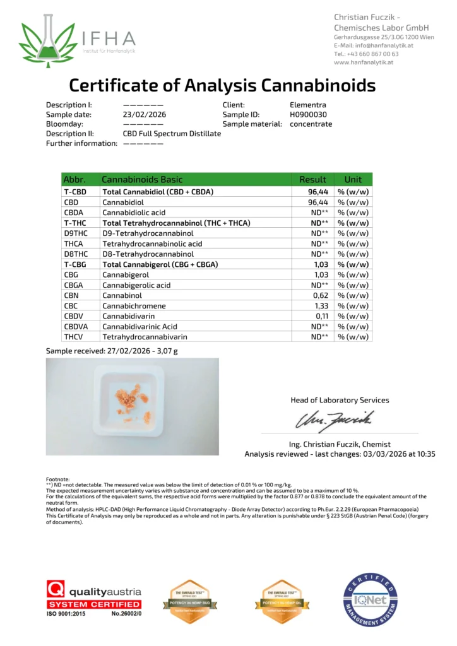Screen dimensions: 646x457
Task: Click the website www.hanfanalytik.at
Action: (363, 62)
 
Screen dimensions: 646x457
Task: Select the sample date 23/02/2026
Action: (143, 115)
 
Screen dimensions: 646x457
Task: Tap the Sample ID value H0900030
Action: (308, 115)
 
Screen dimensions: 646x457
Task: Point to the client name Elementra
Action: (308, 105)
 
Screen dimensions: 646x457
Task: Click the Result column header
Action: (312, 179)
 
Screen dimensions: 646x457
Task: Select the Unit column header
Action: (353, 179)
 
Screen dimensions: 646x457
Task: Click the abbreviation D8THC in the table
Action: (75, 254)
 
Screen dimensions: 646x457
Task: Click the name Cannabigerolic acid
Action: (136, 285)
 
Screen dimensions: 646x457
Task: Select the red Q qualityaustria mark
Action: (56, 592)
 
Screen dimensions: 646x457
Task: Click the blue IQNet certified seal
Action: (371, 600)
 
